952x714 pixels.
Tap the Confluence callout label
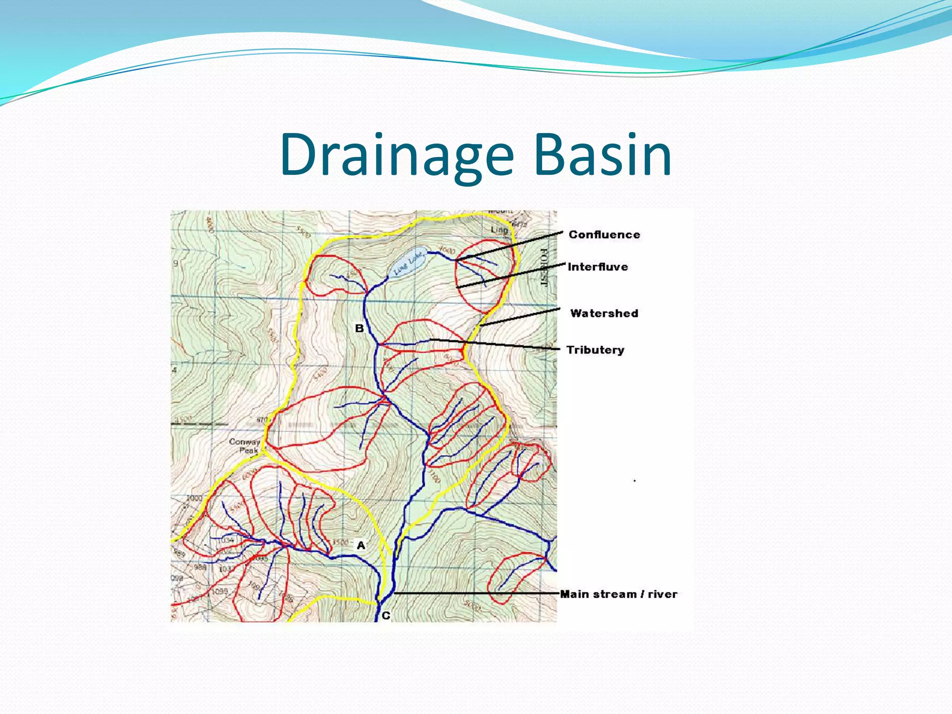coord(604,235)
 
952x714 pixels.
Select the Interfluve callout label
coord(597,267)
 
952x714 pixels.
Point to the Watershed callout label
coord(604,313)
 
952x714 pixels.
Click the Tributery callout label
coord(595,350)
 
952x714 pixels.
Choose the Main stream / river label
coord(618,594)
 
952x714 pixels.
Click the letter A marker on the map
coord(361,545)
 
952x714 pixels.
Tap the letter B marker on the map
coord(359,328)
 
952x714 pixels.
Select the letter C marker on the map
coord(386,616)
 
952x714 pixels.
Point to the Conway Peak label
coord(245,445)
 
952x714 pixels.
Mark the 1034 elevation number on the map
coord(226,540)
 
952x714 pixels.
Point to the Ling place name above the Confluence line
coord(499,230)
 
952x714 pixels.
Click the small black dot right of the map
coord(635,481)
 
